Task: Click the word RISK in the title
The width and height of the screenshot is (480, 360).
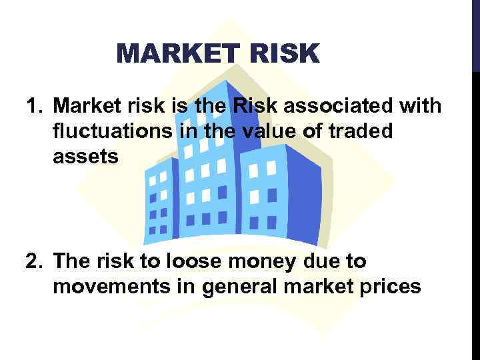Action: (x=287, y=53)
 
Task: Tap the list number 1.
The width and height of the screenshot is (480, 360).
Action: (x=33, y=105)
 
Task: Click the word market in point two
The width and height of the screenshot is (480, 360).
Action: (x=317, y=287)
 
